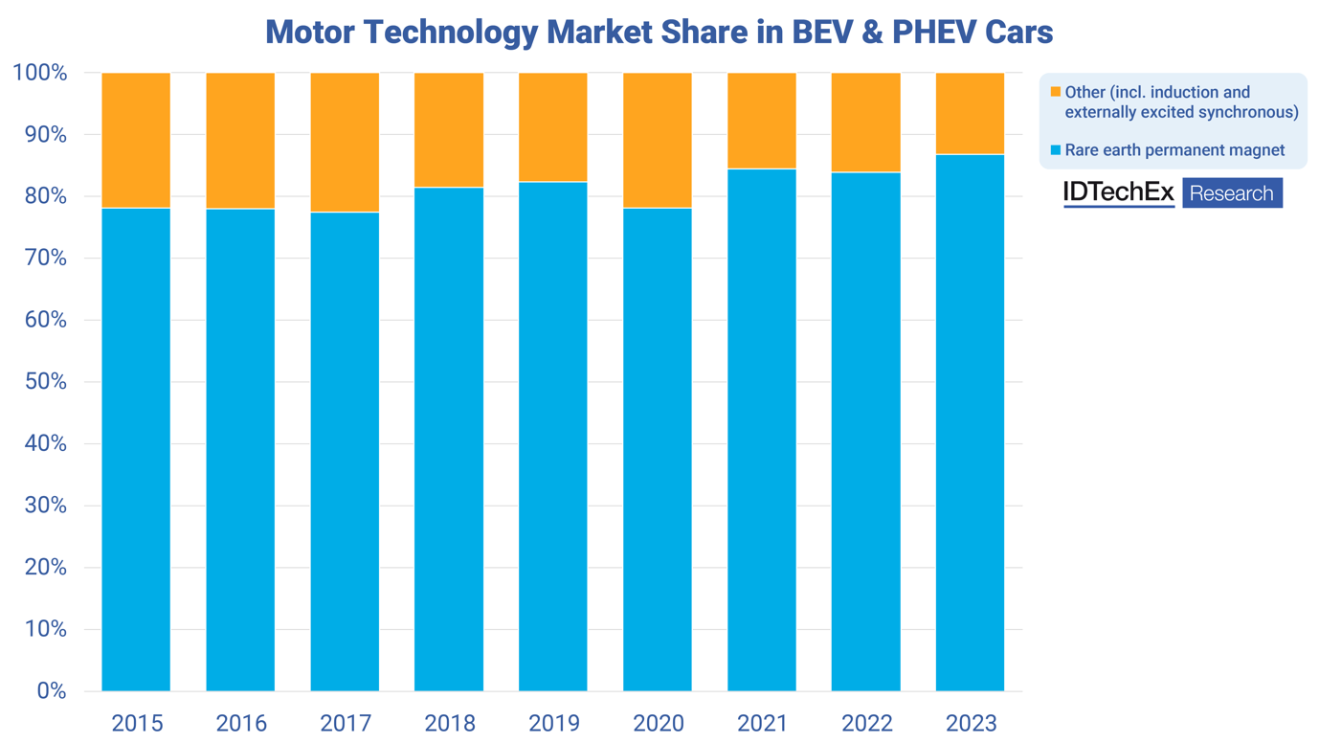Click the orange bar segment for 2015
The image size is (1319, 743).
pos(136,140)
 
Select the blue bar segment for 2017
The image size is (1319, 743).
pos(345,450)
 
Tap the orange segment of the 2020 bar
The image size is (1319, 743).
pos(658,140)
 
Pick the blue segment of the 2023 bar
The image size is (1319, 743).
pos(970,421)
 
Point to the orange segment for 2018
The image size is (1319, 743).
pos(449,129)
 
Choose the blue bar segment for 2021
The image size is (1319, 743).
pos(762,431)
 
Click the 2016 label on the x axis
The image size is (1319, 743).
pos(241,723)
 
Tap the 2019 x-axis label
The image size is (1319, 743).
pos(554,723)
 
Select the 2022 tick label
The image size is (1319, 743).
pos(866,723)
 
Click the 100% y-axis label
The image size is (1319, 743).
pos(40,73)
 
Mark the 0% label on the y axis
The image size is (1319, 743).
pos(51,690)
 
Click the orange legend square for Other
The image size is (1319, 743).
pos(1056,93)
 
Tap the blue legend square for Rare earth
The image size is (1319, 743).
pos(1056,150)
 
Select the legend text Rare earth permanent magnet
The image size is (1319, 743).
pos(1174,150)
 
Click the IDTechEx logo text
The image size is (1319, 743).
pos(1118,192)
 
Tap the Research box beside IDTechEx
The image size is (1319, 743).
pos(1232,193)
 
